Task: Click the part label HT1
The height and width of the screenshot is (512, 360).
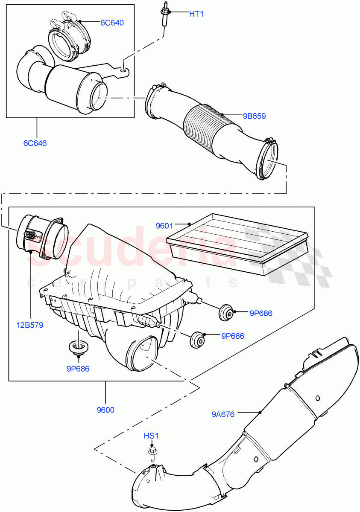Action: tap(196, 14)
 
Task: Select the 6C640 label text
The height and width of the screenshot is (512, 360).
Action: tap(112, 23)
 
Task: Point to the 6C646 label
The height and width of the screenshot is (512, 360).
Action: tap(35, 143)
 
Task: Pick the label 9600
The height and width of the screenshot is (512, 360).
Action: tap(105, 410)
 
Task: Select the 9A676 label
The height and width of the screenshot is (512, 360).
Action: tap(223, 414)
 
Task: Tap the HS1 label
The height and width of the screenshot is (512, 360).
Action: tap(151, 436)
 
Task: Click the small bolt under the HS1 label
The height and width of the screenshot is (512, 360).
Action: tap(152, 451)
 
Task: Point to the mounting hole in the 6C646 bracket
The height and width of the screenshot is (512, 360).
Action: tap(123, 70)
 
